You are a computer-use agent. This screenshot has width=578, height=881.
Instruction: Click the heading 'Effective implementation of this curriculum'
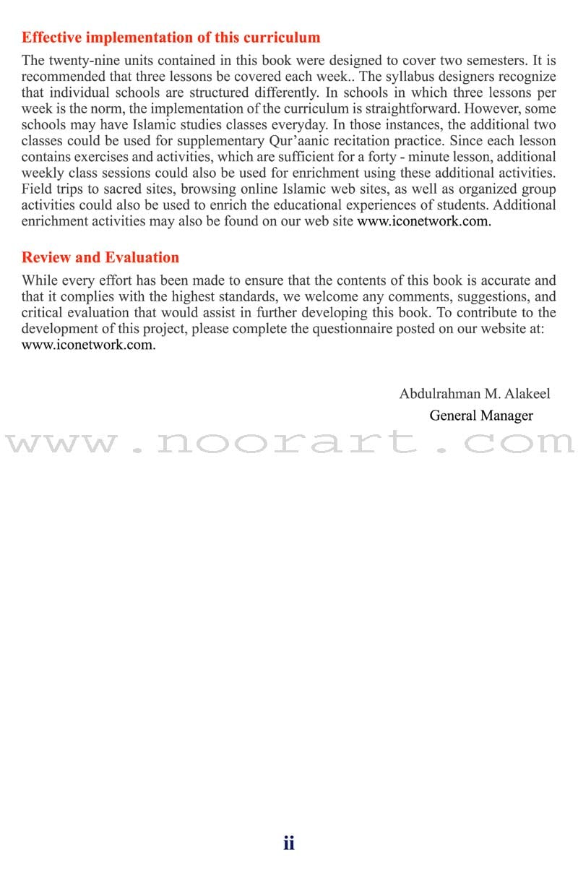[x=171, y=38]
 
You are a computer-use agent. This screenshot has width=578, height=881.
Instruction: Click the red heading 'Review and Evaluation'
[x=100, y=257]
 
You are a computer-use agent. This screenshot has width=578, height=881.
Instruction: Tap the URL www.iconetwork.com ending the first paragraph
[x=423, y=221]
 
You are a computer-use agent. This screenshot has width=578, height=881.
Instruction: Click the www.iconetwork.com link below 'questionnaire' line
[x=88, y=344]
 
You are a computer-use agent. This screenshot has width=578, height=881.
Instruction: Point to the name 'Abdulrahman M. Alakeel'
[x=474, y=394]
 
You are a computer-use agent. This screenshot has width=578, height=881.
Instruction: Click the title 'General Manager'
[x=480, y=416]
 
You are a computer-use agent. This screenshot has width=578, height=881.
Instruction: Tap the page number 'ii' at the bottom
[x=288, y=843]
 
